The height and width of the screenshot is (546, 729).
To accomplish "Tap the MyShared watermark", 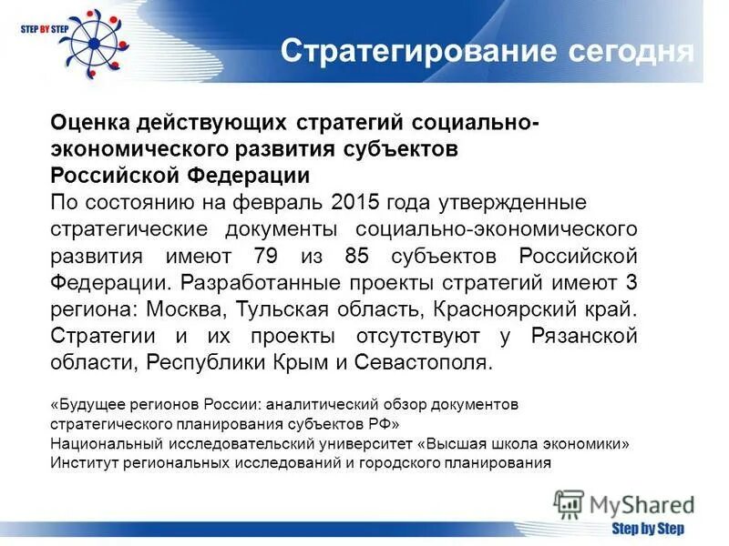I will (x=624, y=503).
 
